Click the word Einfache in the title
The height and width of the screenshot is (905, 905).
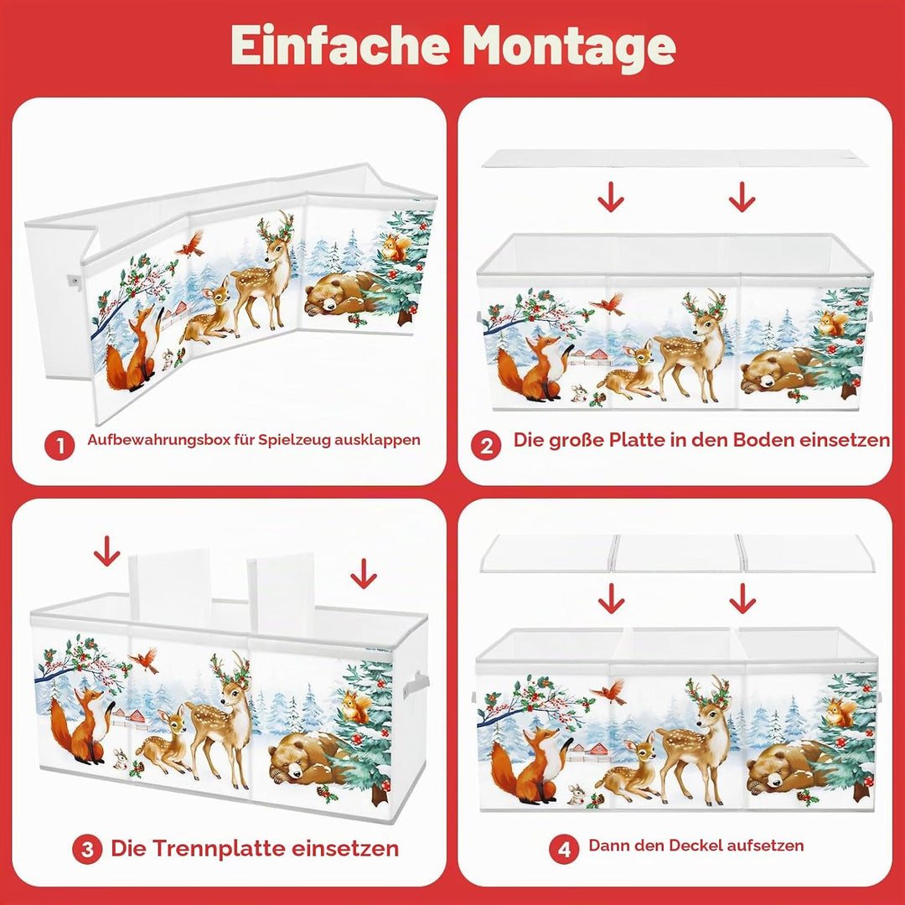coord(339,45)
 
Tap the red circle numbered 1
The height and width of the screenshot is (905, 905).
coord(59,445)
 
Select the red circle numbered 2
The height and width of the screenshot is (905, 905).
coord(486,445)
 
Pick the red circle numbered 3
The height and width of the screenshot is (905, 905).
coord(87,849)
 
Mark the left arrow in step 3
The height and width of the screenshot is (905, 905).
coord(106,551)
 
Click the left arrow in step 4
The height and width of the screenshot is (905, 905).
coord(611,598)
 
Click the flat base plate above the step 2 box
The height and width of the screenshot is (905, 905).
coord(675,158)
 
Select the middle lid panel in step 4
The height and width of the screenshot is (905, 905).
coord(677,553)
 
